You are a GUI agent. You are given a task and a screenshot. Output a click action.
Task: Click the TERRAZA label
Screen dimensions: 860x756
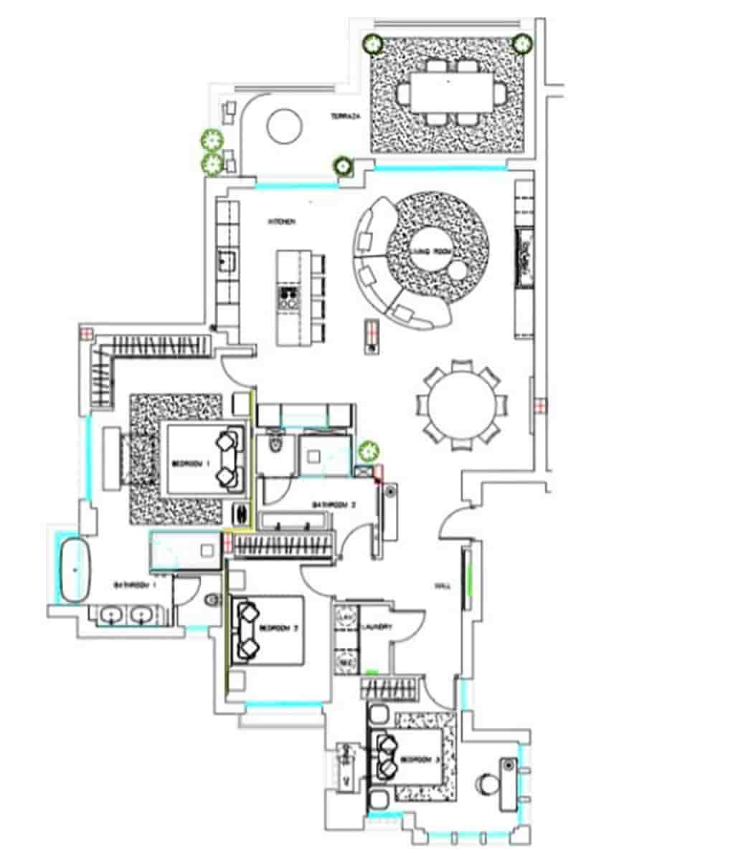[344, 116]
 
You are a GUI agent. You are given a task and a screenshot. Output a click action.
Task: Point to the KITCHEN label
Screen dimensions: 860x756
[281, 223]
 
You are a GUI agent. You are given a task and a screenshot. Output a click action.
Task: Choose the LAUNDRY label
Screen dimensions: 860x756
[377, 627]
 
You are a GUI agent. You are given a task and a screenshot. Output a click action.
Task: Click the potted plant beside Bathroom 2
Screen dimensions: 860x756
[369, 451]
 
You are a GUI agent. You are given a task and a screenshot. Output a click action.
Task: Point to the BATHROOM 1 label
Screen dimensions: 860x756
[135, 586]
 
